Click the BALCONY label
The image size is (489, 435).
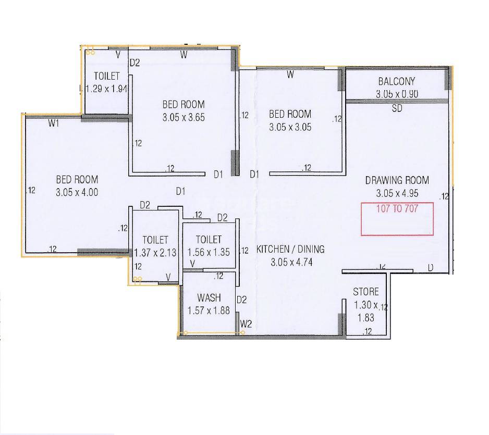pyautogui.click(x=396, y=81)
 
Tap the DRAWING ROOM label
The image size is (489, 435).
pyautogui.click(x=397, y=180)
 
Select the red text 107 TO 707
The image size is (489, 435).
pyautogui.click(x=397, y=207)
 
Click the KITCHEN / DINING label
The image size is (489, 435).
pyautogui.click(x=290, y=249)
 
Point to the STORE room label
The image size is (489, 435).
pyautogui.click(x=366, y=291)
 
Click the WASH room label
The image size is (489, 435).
pyautogui.click(x=209, y=298)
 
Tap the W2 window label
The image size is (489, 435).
pyautogui.click(x=246, y=324)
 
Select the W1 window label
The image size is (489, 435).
pyautogui.click(x=54, y=123)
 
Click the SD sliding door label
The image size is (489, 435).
pyautogui.click(x=397, y=109)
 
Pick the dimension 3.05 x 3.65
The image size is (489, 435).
pyautogui.click(x=184, y=117)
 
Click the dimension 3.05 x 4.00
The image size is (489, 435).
pyautogui.click(x=77, y=192)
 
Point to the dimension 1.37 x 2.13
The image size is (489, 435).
pyautogui.click(x=155, y=253)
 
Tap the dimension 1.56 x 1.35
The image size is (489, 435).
pyautogui.click(x=209, y=252)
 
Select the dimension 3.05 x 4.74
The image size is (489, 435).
pyautogui.click(x=291, y=262)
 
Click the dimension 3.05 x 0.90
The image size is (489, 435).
pyautogui.click(x=397, y=94)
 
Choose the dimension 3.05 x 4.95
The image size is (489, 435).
pyautogui.click(x=397, y=193)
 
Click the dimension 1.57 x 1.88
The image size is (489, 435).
pyautogui.click(x=209, y=311)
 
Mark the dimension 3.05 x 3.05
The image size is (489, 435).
pyautogui.click(x=290, y=127)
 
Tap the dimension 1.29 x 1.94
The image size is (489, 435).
pyautogui.click(x=106, y=89)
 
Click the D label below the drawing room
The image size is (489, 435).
pyautogui.click(x=431, y=268)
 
